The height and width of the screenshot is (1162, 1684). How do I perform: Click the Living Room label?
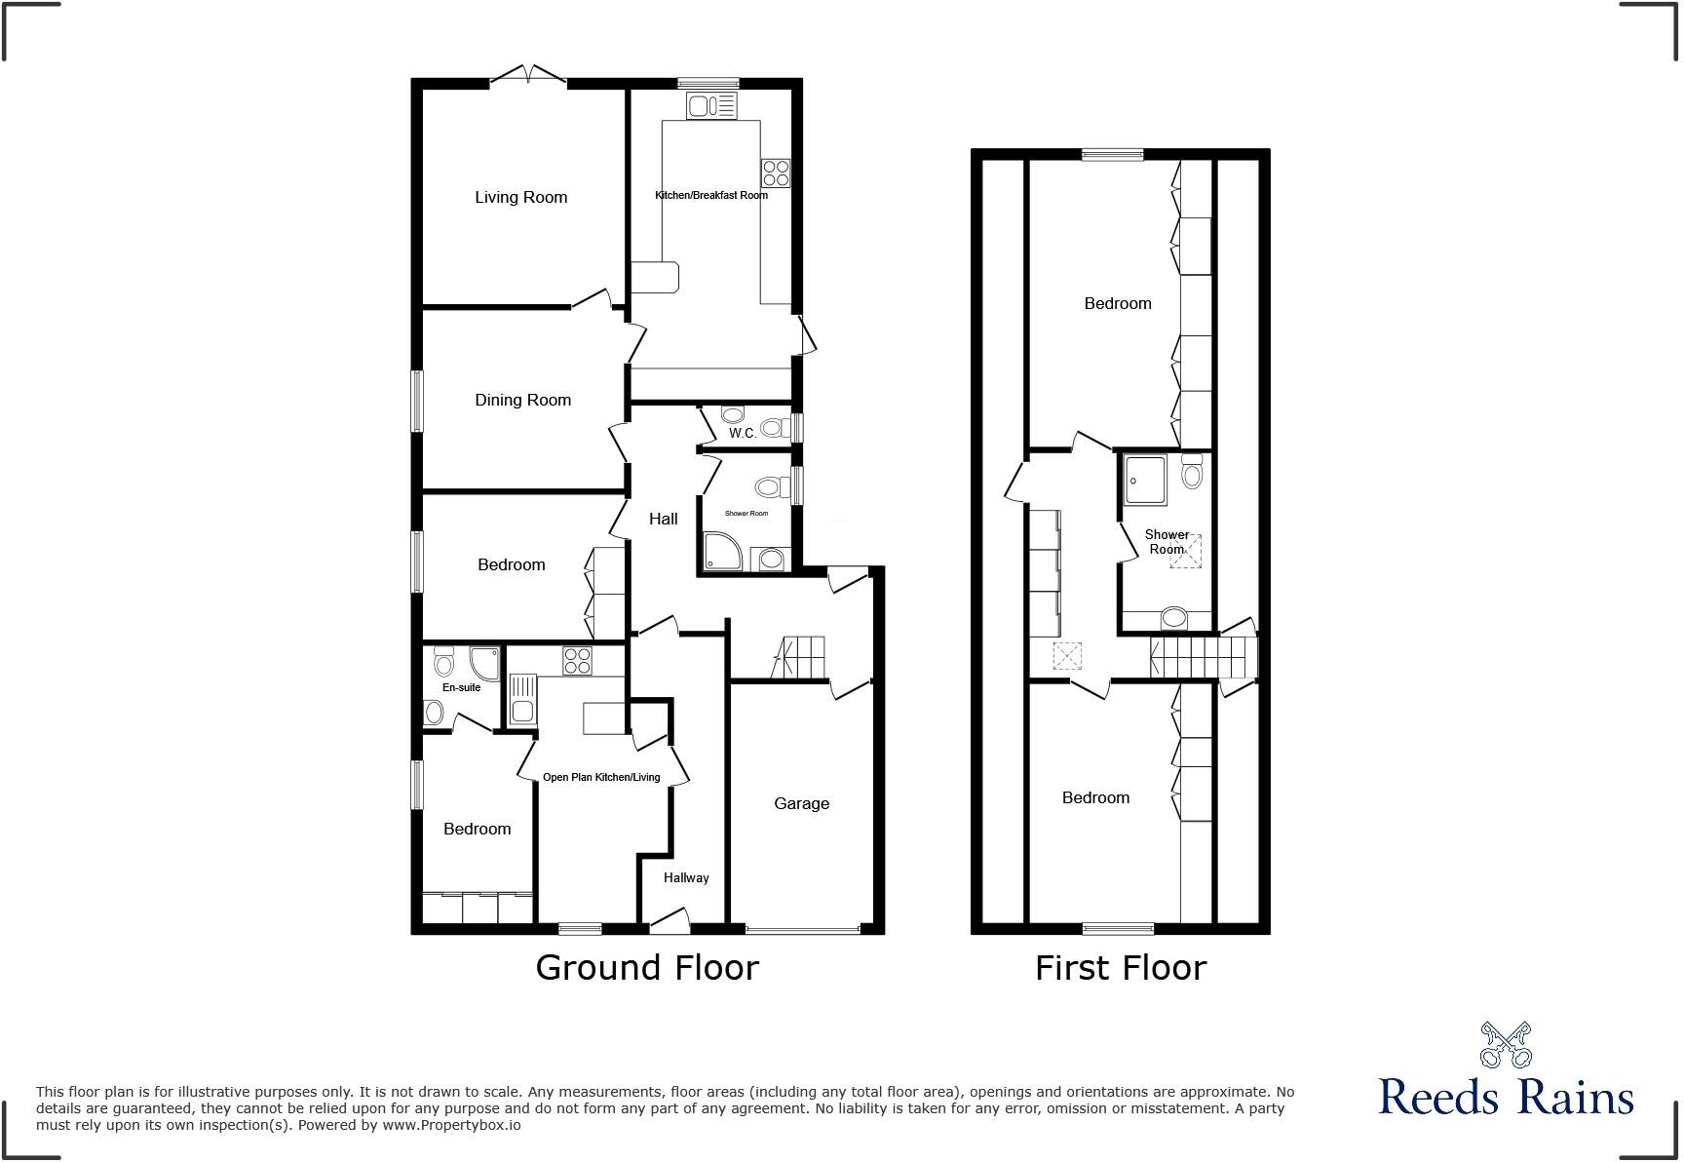coord(520,197)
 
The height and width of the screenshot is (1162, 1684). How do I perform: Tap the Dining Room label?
coord(522,400)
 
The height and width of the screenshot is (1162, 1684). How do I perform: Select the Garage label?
coord(801,803)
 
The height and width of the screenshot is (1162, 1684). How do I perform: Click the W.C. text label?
coord(742,433)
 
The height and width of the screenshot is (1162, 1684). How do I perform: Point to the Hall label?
coord(663,519)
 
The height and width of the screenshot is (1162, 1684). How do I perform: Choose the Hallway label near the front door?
coord(686,877)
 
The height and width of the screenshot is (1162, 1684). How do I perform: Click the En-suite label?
coord(461,687)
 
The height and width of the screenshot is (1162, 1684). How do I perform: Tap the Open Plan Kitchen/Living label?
coord(600,777)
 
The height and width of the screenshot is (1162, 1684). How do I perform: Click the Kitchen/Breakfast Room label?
coord(710,195)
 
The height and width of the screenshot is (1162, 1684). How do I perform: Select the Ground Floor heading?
coord(646,967)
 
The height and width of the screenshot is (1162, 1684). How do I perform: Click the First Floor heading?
coord(1120,967)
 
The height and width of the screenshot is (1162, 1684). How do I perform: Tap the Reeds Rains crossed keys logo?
coord(1506,1045)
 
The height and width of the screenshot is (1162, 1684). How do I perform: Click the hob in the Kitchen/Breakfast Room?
coord(776,174)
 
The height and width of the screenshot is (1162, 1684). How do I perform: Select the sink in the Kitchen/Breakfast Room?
coord(711,105)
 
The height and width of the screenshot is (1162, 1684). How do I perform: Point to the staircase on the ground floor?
coord(801,657)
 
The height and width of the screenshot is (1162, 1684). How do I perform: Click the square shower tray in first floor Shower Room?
coord(1145,480)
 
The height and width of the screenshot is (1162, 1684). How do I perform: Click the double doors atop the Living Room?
coord(527,76)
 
